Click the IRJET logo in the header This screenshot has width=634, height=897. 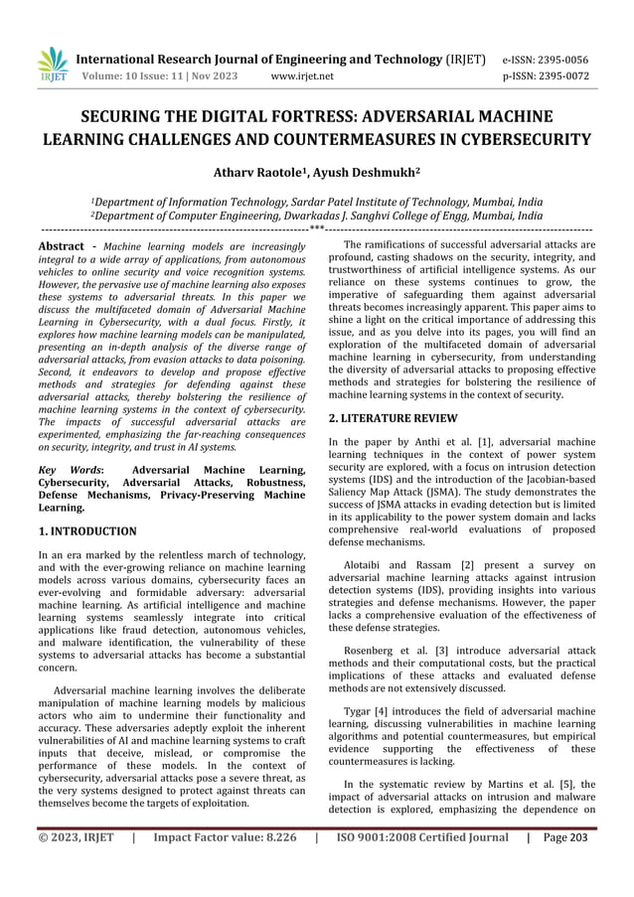(x=54, y=65)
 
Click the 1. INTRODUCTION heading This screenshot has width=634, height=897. (x=86, y=531)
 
